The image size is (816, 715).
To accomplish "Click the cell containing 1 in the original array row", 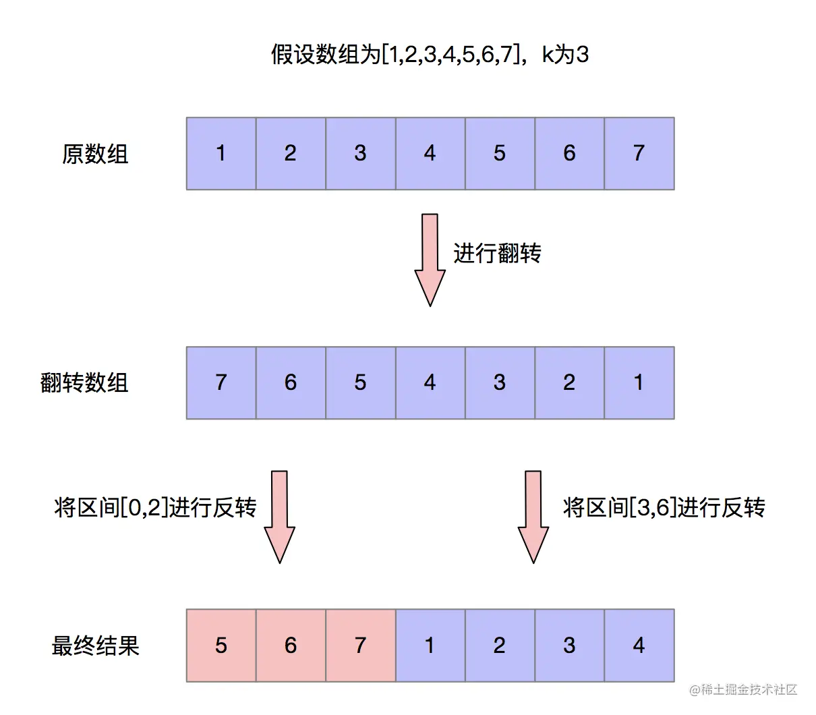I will point(221,154).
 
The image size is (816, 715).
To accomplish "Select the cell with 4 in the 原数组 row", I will point(430,154).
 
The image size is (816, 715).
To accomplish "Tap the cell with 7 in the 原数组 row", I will point(639,154).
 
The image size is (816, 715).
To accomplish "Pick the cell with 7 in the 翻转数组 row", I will point(221,383).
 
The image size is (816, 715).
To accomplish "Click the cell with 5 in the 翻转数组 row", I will point(361,383).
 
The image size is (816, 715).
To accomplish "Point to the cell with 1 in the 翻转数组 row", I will point(639,383).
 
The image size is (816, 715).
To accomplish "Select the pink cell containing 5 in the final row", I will point(221,646).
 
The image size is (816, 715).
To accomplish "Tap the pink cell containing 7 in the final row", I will point(361,646).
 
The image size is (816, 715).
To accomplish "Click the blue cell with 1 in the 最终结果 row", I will point(430,646).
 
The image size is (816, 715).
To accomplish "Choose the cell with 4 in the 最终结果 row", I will point(639,646).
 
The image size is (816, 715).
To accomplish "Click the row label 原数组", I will point(95,154).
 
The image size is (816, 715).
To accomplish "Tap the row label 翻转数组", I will point(84,383).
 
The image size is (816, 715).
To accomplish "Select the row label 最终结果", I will point(95,646).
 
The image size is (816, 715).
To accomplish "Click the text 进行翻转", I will point(497,254).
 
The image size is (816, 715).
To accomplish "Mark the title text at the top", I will point(430,54).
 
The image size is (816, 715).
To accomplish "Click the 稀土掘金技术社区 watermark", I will point(743,689).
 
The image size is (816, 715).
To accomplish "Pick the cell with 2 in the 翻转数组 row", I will point(570,383).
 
